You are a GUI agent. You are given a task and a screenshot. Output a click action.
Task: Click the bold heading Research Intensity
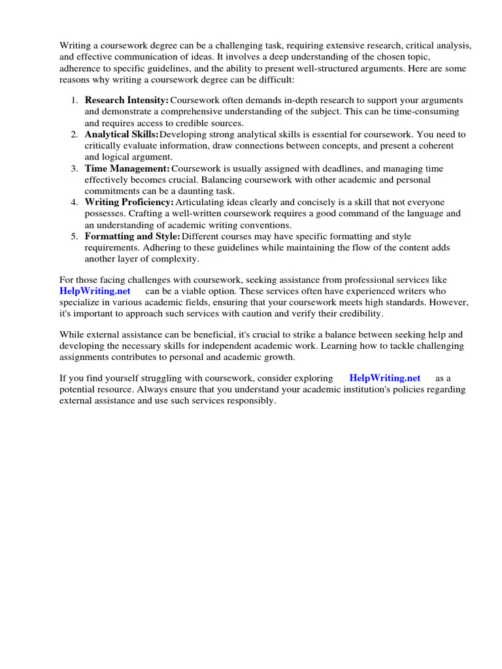pos(127,101)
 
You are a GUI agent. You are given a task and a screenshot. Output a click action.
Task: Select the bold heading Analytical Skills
pos(122,134)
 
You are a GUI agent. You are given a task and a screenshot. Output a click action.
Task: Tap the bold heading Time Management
pos(127,168)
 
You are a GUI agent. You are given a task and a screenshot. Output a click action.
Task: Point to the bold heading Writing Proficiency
pos(129,202)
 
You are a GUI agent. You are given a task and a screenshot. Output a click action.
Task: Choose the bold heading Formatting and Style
pos(132,236)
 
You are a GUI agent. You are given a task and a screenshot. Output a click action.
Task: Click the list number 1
pos(74,101)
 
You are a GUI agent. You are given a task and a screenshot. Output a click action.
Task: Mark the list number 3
pos(74,168)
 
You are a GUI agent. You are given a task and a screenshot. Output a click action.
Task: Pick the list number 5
pos(74,236)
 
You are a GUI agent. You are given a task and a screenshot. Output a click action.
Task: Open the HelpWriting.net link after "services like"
pos(95,291)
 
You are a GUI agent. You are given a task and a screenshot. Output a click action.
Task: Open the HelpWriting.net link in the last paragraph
pos(385,378)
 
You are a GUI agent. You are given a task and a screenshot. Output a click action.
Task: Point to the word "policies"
pos(409,389)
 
